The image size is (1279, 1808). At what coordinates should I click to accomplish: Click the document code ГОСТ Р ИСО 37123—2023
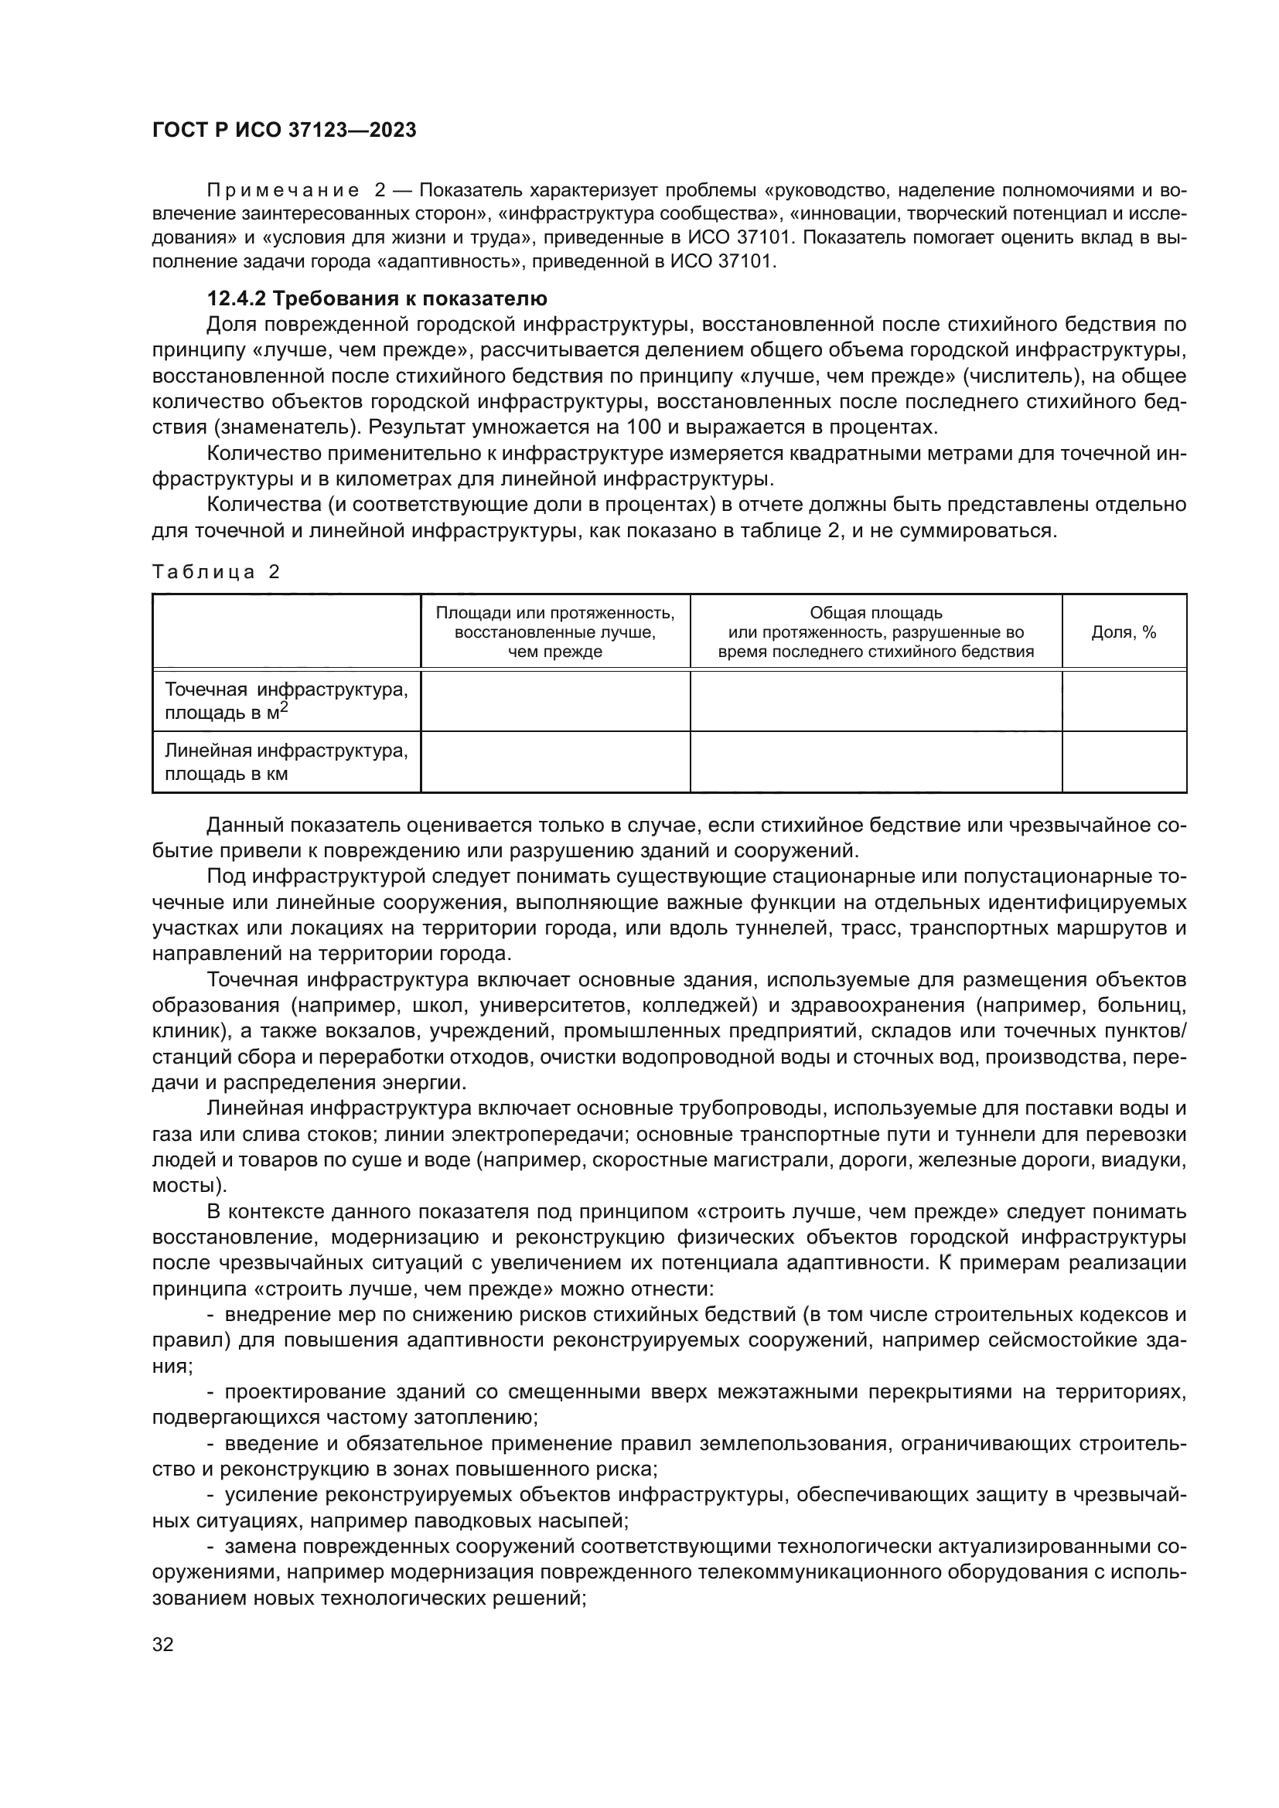tap(284, 130)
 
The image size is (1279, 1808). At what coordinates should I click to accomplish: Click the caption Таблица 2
tap(216, 572)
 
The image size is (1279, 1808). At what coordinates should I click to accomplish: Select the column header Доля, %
tap(1123, 632)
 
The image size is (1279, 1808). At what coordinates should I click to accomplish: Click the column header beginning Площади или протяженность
tap(554, 632)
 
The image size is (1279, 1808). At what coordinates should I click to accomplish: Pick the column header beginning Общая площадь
tap(875, 632)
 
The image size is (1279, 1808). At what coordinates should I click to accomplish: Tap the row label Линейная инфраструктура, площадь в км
tap(285, 761)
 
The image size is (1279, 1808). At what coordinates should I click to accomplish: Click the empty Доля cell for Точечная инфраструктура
tap(1123, 701)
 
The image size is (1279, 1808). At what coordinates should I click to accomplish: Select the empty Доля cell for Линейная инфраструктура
tap(1123, 761)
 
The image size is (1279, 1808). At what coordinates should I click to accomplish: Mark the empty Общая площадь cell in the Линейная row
tap(875, 761)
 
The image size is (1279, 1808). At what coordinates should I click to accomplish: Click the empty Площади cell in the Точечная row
tap(554, 701)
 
